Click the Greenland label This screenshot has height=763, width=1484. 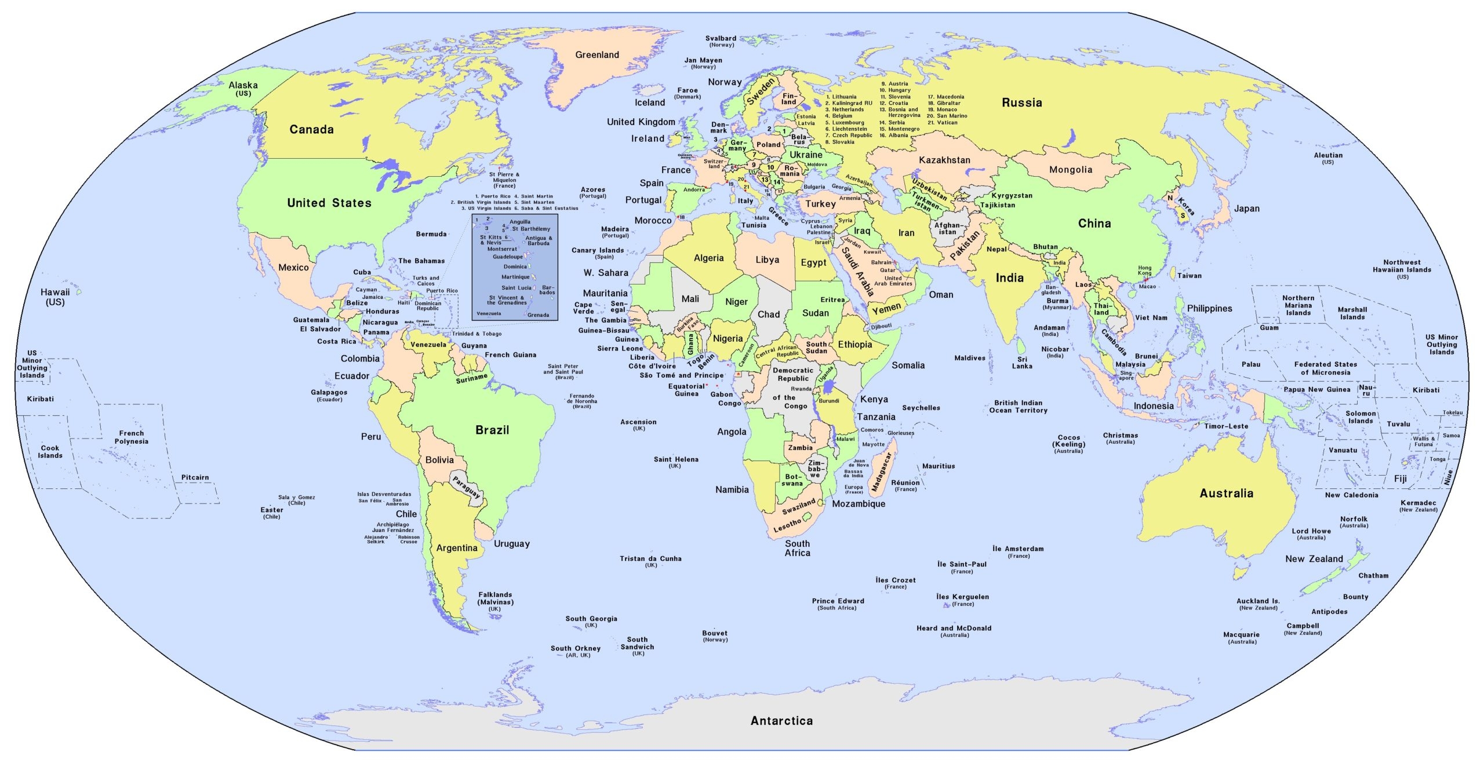[x=596, y=55]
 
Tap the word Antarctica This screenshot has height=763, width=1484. [x=781, y=721]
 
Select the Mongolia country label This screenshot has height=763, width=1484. [x=1070, y=170]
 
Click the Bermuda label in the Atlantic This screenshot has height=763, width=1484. [x=431, y=234]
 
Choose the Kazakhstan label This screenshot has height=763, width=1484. [x=944, y=160]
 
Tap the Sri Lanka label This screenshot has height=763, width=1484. [x=1022, y=363]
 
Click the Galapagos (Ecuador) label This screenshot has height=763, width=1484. [x=329, y=395]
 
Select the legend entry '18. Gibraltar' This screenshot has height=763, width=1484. [x=944, y=103]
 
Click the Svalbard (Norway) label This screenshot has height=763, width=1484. [x=721, y=41]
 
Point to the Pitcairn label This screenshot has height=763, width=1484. [x=195, y=477]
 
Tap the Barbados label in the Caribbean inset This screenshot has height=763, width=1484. [x=547, y=290]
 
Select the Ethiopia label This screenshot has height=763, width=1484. [x=854, y=345]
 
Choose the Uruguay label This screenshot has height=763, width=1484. [x=511, y=544]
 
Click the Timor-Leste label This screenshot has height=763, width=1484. [x=1226, y=426]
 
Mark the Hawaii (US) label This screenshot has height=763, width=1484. [x=55, y=297]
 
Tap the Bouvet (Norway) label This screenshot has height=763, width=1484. [x=714, y=636]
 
